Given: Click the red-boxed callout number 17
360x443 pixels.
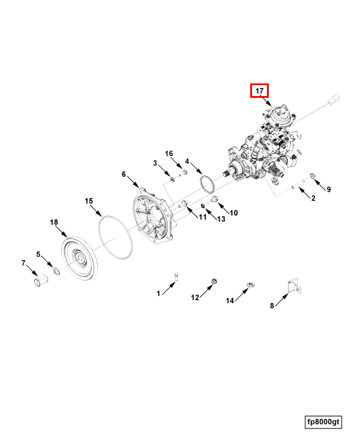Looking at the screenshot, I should click(260, 91).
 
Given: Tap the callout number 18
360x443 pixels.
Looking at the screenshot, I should click(54, 223).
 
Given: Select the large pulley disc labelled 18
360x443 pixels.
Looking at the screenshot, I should click(79, 259).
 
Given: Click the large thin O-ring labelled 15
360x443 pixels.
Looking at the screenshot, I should click(116, 238).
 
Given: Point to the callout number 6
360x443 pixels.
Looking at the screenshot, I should click(124, 174).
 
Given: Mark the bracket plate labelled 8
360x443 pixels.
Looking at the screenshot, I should click(293, 286).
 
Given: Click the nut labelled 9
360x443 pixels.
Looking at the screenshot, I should click(313, 175).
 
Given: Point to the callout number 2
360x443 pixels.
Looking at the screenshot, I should click(313, 198).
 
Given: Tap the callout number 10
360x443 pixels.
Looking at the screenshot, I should click(234, 212).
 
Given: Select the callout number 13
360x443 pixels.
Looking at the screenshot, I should click(221, 219).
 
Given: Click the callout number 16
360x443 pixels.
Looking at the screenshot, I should click(169, 154).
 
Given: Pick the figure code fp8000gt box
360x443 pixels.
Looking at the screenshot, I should click(323, 422).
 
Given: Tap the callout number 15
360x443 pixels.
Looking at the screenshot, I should click(89, 200).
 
